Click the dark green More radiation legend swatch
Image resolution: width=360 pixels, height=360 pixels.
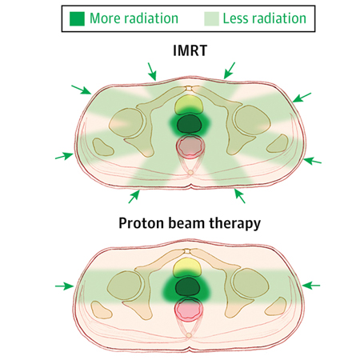click(x=77, y=18)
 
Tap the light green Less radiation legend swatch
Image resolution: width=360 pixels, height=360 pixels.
click(x=212, y=18)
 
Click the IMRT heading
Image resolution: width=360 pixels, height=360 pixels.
click(x=190, y=50)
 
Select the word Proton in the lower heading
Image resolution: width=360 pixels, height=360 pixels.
click(x=142, y=223)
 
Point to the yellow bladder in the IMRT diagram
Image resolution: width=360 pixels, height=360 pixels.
click(x=188, y=105)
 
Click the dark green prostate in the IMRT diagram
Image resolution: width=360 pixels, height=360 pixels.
click(x=190, y=124)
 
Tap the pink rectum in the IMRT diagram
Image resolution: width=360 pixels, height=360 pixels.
click(x=190, y=147)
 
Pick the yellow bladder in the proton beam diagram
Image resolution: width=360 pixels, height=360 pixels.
click(x=187, y=267)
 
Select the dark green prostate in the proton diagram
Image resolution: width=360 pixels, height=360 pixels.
click(x=188, y=287)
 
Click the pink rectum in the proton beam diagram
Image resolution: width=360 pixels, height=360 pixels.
click(x=189, y=310)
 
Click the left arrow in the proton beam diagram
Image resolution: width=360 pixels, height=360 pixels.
click(x=64, y=286)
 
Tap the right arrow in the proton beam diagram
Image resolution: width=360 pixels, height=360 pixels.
click(x=311, y=286)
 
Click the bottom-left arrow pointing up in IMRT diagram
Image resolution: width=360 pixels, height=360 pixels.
click(x=134, y=197)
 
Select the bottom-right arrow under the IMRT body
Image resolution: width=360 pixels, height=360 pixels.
click(x=239, y=196)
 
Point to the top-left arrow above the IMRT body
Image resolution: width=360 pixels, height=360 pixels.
click(x=152, y=71)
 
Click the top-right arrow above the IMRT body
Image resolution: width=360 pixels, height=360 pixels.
click(x=230, y=70)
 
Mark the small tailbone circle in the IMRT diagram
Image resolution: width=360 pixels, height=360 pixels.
click(x=190, y=173)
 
